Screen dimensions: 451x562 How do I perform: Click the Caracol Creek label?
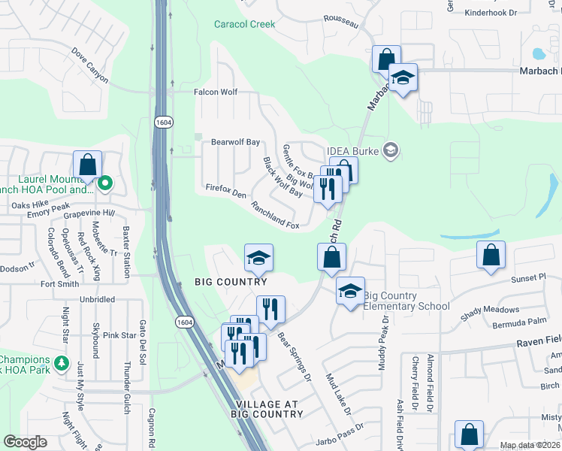[x=244, y=24]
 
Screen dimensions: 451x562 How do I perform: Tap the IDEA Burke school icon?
[x=390, y=151]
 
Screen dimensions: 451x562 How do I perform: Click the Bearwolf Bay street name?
[x=235, y=141]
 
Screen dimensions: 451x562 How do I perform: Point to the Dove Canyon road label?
[x=90, y=65]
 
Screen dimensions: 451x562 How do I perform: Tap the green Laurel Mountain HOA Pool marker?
[x=106, y=182]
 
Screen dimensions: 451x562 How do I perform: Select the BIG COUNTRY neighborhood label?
[x=231, y=282]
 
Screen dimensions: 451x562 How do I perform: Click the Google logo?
[x=25, y=442]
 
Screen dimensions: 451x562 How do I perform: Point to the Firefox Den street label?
[x=225, y=193]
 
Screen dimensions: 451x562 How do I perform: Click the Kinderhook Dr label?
[x=512, y=13]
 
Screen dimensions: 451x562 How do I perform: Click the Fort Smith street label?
[x=59, y=284]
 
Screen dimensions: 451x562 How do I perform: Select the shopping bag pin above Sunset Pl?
[x=491, y=256]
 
